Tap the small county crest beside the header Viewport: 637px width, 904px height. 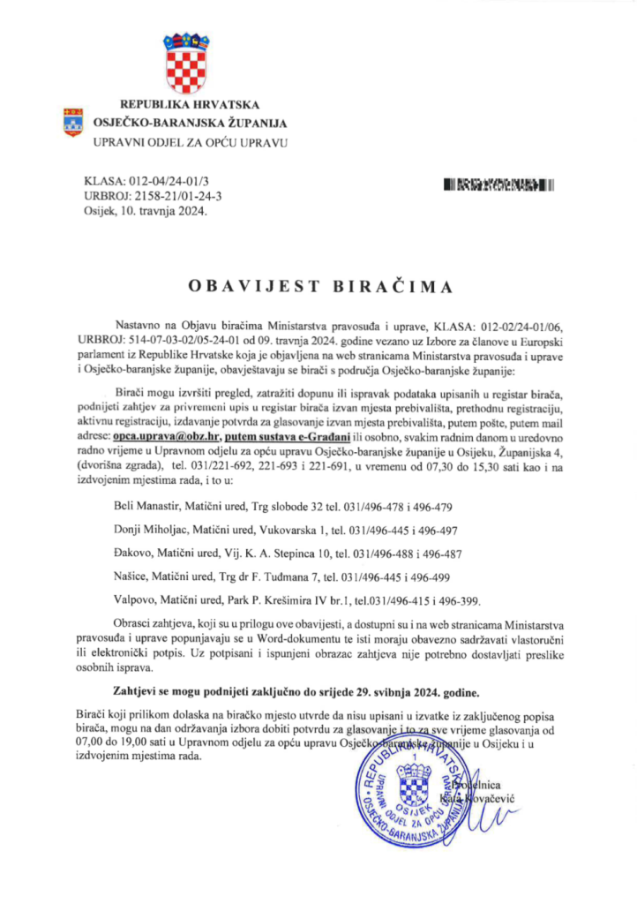(72, 122)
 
